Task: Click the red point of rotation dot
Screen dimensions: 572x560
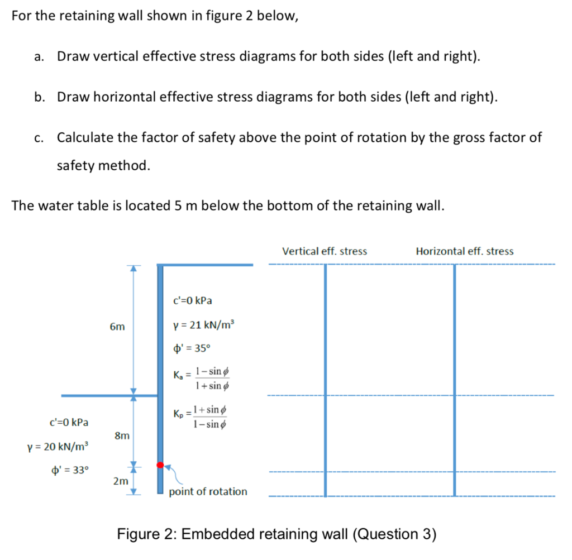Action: coord(160,465)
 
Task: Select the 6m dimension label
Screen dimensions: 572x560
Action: coord(117,327)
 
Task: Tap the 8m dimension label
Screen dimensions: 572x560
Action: coord(122,434)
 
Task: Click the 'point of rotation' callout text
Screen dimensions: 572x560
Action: coord(208,491)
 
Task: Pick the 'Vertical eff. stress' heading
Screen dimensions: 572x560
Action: coord(325,251)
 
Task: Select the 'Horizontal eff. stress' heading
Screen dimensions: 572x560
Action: coord(465,251)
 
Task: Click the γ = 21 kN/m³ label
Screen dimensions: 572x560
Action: coord(205,326)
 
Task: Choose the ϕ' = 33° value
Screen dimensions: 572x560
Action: coord(69,470)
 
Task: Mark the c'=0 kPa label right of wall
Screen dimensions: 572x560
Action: coord(193,301)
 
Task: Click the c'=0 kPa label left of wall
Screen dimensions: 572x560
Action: coord(69,422)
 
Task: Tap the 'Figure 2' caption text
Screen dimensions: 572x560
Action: coord(276,534)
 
